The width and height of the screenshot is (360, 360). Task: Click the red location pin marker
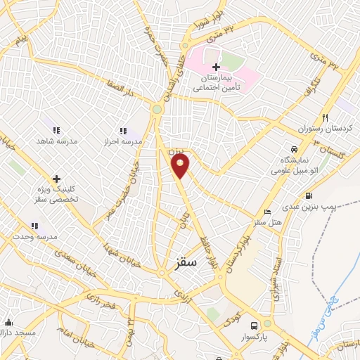pos(180,166)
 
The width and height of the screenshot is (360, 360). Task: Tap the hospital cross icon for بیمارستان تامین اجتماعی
pos(216,66)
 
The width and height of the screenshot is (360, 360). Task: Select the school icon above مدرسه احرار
pos(123,130)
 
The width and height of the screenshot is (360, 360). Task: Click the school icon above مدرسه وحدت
pos(34,226)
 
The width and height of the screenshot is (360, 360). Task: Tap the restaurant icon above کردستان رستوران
pos(325,118)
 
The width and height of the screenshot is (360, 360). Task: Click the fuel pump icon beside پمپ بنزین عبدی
pos(308,195)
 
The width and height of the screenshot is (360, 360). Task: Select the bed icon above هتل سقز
pos(266,212)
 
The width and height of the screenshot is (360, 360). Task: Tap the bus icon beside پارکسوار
pos(255,325)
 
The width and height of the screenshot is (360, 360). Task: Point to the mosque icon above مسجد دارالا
pos(8,323)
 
